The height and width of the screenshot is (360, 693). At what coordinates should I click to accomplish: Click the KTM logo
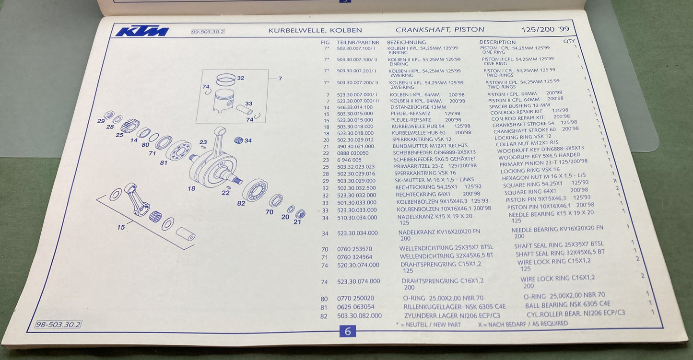[x=142, y=32]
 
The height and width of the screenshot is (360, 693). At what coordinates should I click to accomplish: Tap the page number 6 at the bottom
[x=348, y=331]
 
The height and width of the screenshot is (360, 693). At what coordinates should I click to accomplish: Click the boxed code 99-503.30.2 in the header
[x=208, y=32]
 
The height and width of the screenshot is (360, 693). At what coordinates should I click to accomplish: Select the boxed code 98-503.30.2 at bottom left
[x=58, y=325]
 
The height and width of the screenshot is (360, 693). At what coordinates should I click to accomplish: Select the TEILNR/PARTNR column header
[x=358, y=42]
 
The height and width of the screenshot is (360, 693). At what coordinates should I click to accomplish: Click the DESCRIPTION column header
[x=497, y=42]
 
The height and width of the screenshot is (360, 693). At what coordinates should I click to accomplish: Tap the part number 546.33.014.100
[x=355, y=107]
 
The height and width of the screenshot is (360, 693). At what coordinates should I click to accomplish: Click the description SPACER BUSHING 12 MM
[x=520, y=105]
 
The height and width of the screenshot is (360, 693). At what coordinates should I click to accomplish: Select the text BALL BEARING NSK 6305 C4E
[x=567, y=304]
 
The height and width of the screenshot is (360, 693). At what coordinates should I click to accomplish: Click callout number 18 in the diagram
[x=191, y=188]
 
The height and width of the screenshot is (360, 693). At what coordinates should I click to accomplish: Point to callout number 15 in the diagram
[x=120, y=227]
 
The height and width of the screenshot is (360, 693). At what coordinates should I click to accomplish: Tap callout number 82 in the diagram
[x=241, y=203]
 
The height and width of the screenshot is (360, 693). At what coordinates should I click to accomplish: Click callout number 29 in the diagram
[x=101, y=121]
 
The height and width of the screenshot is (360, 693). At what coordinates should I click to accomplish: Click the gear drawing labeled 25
[x=130, y=126]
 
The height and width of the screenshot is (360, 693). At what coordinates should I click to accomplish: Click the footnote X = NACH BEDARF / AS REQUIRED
[x=523, y=324]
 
